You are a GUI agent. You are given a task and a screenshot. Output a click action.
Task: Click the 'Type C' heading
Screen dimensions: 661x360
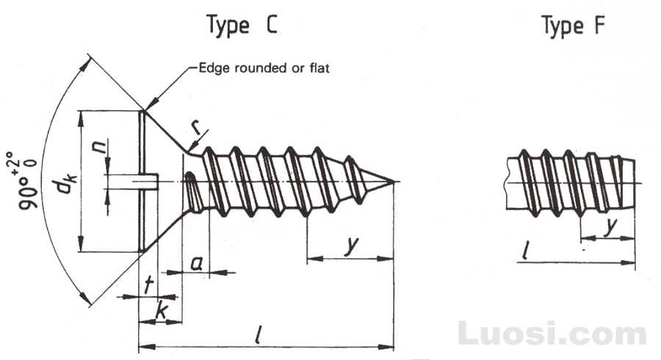click(x=242, y=24)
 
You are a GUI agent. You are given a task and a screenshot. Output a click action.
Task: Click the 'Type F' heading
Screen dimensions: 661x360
click(x=574, y=24)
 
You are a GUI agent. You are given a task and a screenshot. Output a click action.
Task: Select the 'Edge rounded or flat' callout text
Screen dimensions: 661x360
click(x=264, y=68)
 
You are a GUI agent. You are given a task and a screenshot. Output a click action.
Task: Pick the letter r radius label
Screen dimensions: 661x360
click(x=196, y=127)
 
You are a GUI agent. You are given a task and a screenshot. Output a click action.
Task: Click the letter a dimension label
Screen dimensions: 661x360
click(x=196, y=264)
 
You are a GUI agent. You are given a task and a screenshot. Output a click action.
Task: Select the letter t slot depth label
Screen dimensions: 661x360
click(x=148, y=285)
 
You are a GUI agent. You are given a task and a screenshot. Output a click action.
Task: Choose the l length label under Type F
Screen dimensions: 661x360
click(x=525, y=251)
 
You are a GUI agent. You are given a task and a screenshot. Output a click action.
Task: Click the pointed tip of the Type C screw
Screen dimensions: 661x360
click(x=394, y=181)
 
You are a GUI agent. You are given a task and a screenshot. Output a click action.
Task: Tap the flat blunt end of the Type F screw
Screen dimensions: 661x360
click(x=635, y=184)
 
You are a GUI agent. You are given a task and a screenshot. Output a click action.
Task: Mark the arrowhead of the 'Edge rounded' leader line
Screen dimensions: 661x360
click(x=152, y=104)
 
